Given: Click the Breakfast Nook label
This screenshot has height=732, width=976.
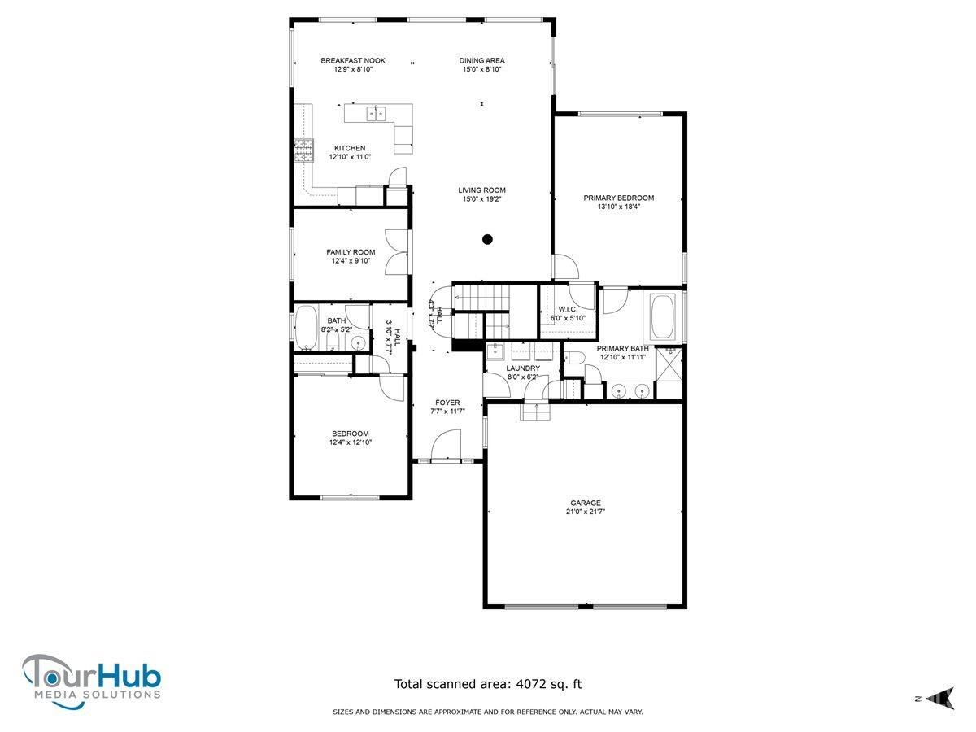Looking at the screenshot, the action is [x=353, y=60].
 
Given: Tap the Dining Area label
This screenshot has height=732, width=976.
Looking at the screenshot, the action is [x=481, y=60].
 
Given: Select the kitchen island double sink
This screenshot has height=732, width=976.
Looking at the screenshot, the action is [x=377, y=114].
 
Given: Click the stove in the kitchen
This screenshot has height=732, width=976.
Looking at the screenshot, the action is [x=303, y=150].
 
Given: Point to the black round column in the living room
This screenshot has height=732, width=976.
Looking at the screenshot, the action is [x=487, y=240].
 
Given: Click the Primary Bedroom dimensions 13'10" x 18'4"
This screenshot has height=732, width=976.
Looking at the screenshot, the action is [x=618, y=207].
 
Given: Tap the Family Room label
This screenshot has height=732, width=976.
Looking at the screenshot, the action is [x=351, y=252].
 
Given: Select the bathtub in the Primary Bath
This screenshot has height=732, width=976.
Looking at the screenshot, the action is [x=662, y=316].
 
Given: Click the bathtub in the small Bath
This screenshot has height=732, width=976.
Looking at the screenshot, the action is [x=306, y=327].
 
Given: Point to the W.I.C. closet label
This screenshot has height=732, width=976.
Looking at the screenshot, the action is [x=568, y=309].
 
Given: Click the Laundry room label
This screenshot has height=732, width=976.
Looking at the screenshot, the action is [x=523, y=368].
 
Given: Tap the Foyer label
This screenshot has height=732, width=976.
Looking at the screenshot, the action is [x=447, y=403].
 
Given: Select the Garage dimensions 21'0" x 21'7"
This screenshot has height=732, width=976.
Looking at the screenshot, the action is [x=585, y=512].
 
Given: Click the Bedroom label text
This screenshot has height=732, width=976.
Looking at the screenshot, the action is [x=350, y=434].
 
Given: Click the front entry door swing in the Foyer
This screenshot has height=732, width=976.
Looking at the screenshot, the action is [x=446, y=443].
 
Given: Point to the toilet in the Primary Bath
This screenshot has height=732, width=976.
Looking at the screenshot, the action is [x=574, y=358].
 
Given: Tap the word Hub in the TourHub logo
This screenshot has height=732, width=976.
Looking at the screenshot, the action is [x=130, y=676].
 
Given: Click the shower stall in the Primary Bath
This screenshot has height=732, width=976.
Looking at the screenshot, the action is [x=669, y=364].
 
